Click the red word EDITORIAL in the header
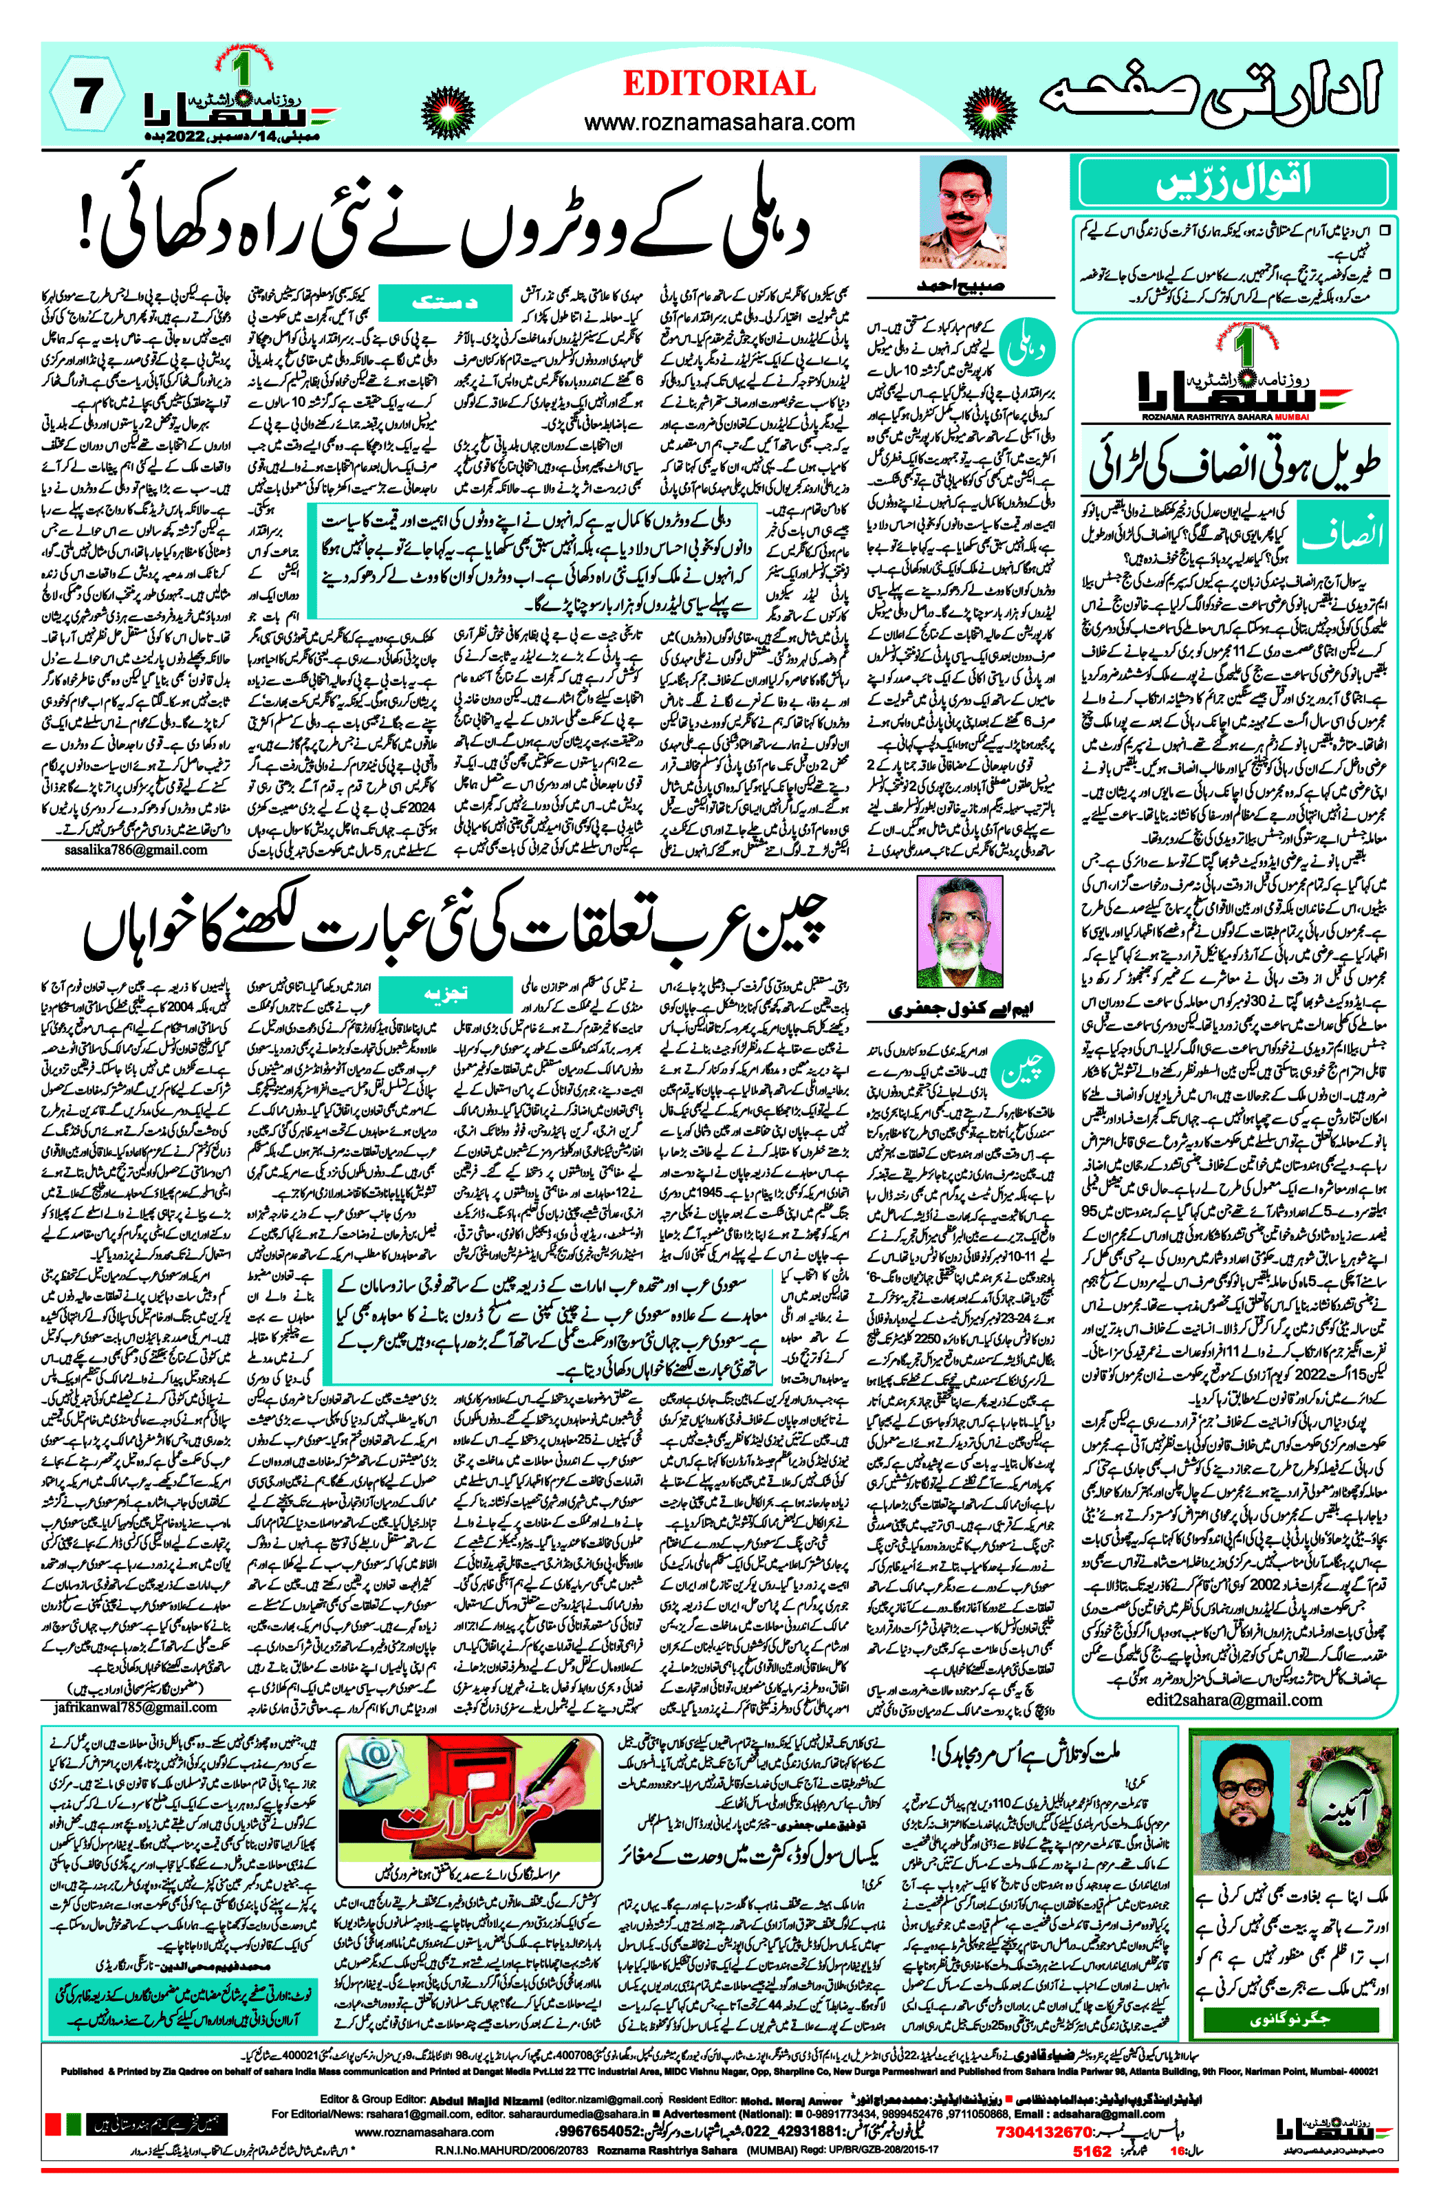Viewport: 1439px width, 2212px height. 719,84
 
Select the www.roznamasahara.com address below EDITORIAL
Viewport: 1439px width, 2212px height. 719,122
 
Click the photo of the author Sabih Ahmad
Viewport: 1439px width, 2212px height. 961,212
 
